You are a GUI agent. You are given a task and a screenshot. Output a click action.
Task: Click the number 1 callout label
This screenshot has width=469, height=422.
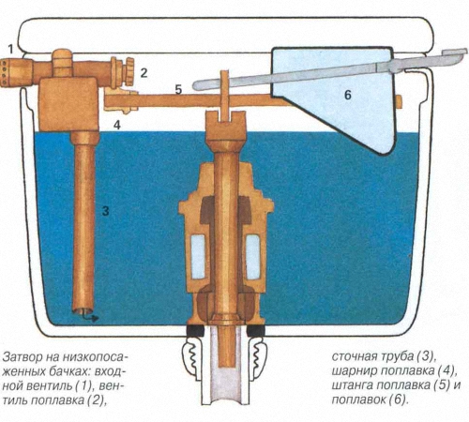(11, 49)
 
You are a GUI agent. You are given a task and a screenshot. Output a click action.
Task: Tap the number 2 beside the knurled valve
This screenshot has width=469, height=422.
(144, 73)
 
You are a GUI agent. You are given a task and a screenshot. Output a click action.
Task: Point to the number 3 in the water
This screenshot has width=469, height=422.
(106, 211)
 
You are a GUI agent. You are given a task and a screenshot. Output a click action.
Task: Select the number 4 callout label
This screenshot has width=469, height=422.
(117, 125)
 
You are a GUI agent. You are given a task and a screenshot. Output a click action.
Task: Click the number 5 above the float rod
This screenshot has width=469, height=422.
(178, 90)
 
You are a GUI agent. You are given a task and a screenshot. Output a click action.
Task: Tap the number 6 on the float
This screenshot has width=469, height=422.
(348, 95)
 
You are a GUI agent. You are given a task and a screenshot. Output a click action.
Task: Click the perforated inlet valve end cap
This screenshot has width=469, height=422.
(7, 72)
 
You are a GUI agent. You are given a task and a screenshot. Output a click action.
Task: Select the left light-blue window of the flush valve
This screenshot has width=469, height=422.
(198, 257)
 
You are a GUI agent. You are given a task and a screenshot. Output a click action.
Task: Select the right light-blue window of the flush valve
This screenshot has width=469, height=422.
(252, 257)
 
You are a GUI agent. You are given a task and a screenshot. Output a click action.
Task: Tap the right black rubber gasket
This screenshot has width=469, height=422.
(256, 331)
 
